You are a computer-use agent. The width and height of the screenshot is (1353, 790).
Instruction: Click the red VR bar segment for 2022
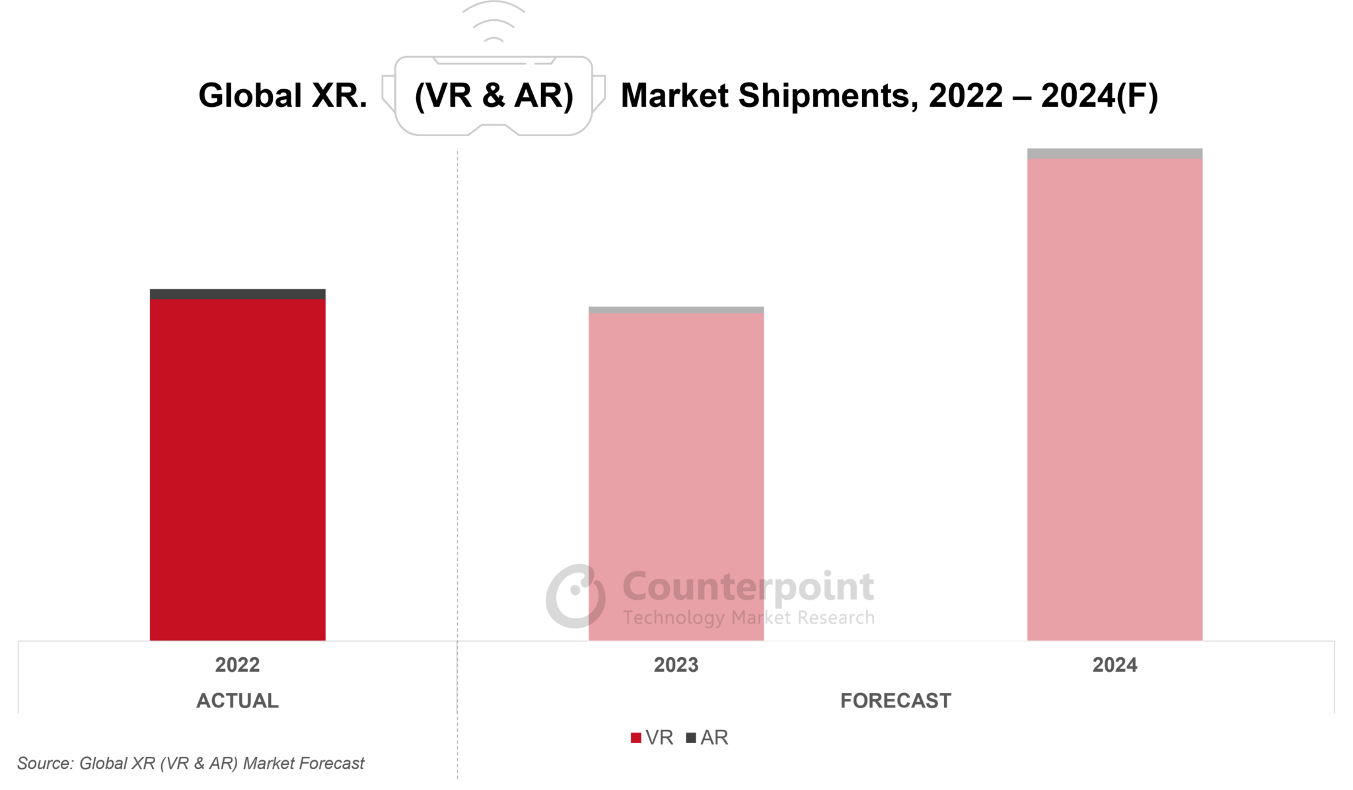[237, 469]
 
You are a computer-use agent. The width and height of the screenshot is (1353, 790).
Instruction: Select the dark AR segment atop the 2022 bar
[237, 294]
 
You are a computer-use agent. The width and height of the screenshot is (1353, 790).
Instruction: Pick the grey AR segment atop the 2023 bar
[676, 310]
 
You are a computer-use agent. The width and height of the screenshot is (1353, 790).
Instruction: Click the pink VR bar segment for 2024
[1115, 396]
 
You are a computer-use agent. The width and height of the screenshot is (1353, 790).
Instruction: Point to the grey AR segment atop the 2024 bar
[1115, 153]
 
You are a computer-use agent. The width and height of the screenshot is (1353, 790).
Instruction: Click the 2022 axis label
[237, 664]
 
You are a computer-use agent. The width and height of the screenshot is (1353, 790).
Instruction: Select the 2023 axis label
[676, 664]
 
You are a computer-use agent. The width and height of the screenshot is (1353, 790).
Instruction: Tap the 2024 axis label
[1115, 664]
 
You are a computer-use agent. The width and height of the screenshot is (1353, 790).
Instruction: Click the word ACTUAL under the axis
[237, 700]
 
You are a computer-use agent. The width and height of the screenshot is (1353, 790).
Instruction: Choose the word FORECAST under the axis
[895, 700]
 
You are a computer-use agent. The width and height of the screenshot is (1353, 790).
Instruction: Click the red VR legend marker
[636, 738]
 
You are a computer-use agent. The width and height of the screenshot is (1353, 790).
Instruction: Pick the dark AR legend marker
[691, 738]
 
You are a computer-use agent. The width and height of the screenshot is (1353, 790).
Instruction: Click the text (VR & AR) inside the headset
[494, 96]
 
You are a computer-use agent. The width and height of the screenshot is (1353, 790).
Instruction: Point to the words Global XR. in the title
[283, 96]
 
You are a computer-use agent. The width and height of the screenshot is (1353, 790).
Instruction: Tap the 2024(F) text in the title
[1099, 96]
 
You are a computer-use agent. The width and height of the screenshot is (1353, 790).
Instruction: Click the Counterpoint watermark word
[748, 587]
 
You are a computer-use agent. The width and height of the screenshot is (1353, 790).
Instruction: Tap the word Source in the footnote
[44, 764]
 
